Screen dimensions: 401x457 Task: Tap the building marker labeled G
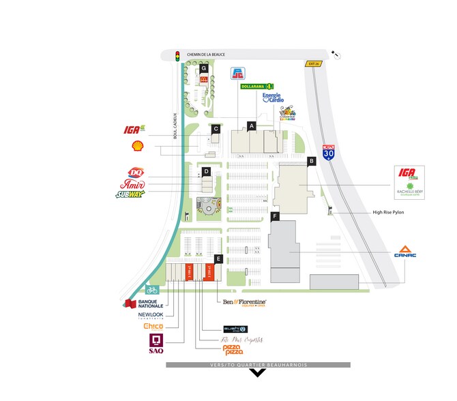[x=203, y=69]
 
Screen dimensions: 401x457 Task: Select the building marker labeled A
[x=251, y=125]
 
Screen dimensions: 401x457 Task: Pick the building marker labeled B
[x=311, y=161]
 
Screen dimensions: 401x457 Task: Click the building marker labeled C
[x=216, y=128]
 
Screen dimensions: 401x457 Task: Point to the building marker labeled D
[x=205, y=171]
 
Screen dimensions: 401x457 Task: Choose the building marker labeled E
[x=218, y=258]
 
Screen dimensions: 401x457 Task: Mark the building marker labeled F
[x=275, y=216]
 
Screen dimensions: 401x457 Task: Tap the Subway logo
[x=130, y=195]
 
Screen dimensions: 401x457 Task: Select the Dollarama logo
[x=256, y=87]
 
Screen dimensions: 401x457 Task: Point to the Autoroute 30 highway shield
[x=329, y=151]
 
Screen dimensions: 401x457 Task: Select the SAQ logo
[x=156, y=344]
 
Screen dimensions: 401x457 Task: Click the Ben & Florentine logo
[x=244, y=301]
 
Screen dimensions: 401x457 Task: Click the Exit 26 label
[x=312, y=63]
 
